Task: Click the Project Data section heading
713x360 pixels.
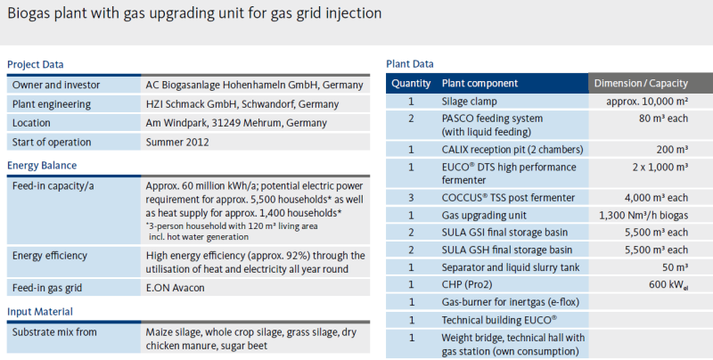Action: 35,64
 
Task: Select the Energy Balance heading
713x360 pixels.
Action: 42,166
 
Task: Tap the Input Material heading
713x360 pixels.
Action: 40,311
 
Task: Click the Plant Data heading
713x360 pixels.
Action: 410,64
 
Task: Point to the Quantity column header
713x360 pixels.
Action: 411,84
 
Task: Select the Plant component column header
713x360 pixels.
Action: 479,84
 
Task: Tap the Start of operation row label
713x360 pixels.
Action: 51,141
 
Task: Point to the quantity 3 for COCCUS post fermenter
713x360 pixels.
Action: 411,198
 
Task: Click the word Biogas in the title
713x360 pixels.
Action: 29,13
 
